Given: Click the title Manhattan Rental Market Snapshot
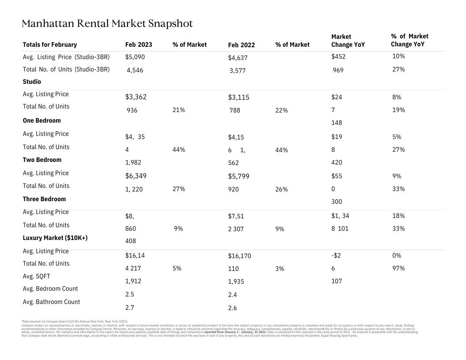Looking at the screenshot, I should [107, 24].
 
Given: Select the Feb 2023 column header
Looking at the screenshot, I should [139, 45].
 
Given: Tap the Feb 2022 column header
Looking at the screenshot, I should [241, 45].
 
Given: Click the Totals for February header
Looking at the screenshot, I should [50, 45].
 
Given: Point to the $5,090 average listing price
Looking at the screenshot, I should [135, 57].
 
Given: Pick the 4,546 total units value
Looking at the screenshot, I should [135, 70].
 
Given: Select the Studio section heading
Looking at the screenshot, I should [32, 82].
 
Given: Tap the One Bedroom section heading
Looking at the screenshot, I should [41, 120].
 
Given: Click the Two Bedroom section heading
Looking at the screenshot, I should [42, 160].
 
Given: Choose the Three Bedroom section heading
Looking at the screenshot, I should [44, 199].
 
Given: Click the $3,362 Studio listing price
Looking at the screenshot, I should [136, 97].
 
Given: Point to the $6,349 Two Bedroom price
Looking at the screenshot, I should [136, 176].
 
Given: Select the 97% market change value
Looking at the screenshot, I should [398, 268].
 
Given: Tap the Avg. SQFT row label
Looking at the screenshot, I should [36, 276].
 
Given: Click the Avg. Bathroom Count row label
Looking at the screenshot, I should [51, 302].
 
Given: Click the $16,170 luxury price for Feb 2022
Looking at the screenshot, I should [240, 256].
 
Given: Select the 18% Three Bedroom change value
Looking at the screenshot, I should [398, 216].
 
